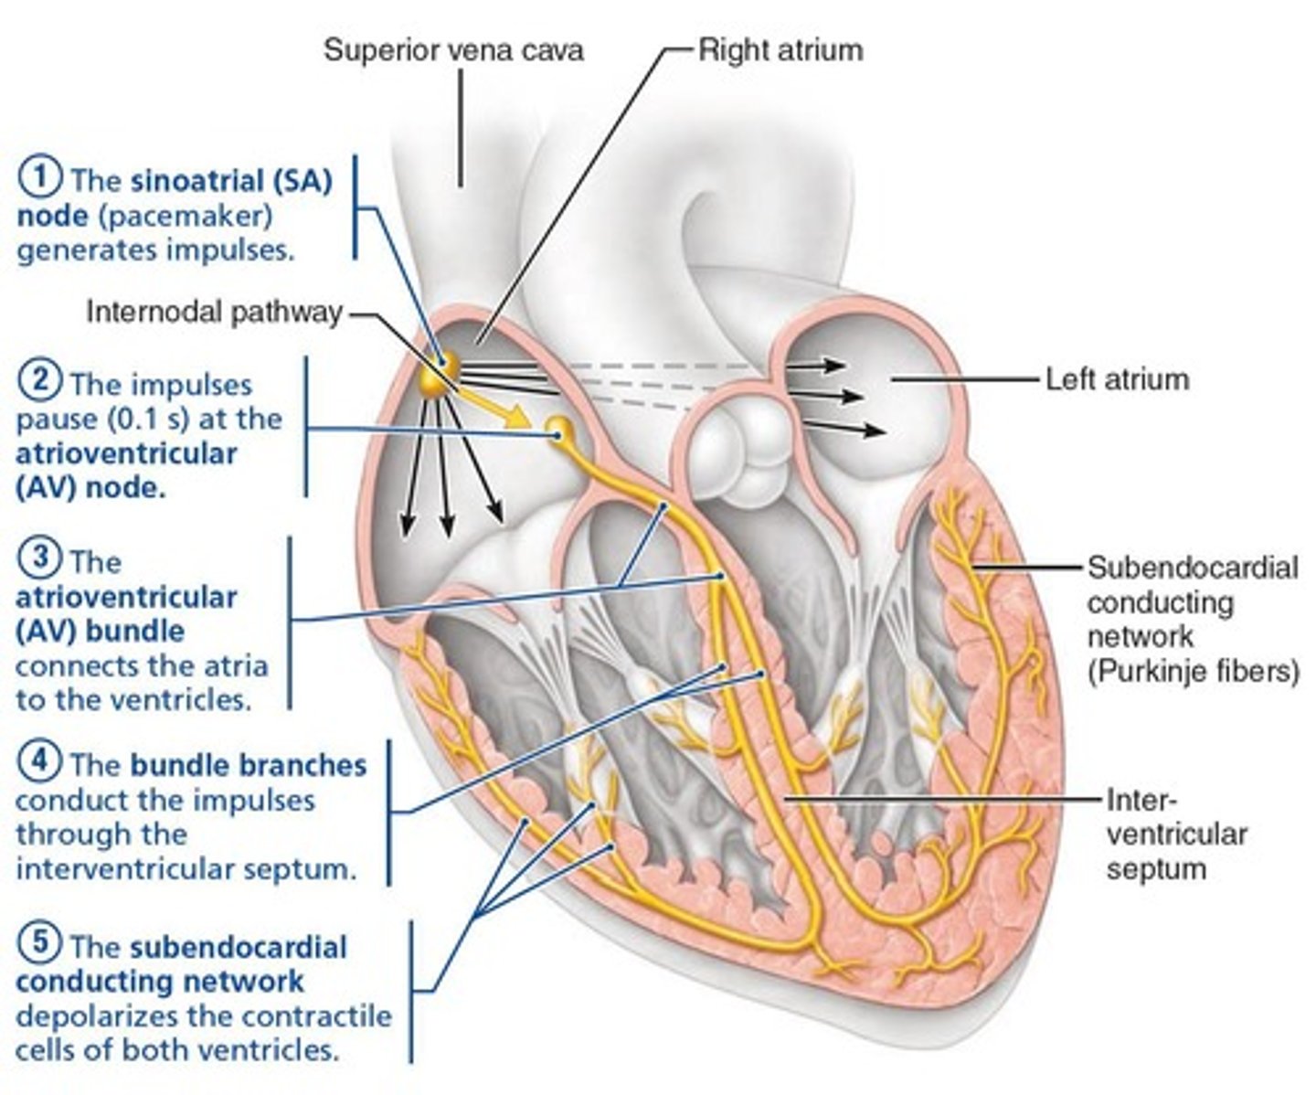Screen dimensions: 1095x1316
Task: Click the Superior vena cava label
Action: click(x=453, y=49)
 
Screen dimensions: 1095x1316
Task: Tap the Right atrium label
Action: click(x=780, y=49)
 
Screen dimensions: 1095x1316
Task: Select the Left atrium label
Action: click(x=1117, y=378)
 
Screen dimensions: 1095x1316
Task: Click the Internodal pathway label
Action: click(x=214, y=313)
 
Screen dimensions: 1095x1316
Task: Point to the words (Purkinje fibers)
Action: click(x=1193, y=671)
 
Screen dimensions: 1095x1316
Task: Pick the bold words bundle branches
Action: click(x=248, y=765)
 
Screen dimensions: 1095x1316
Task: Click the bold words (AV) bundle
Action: click(x=101, y=631)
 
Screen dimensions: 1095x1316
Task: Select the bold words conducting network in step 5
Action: click(x=160, y=981)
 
